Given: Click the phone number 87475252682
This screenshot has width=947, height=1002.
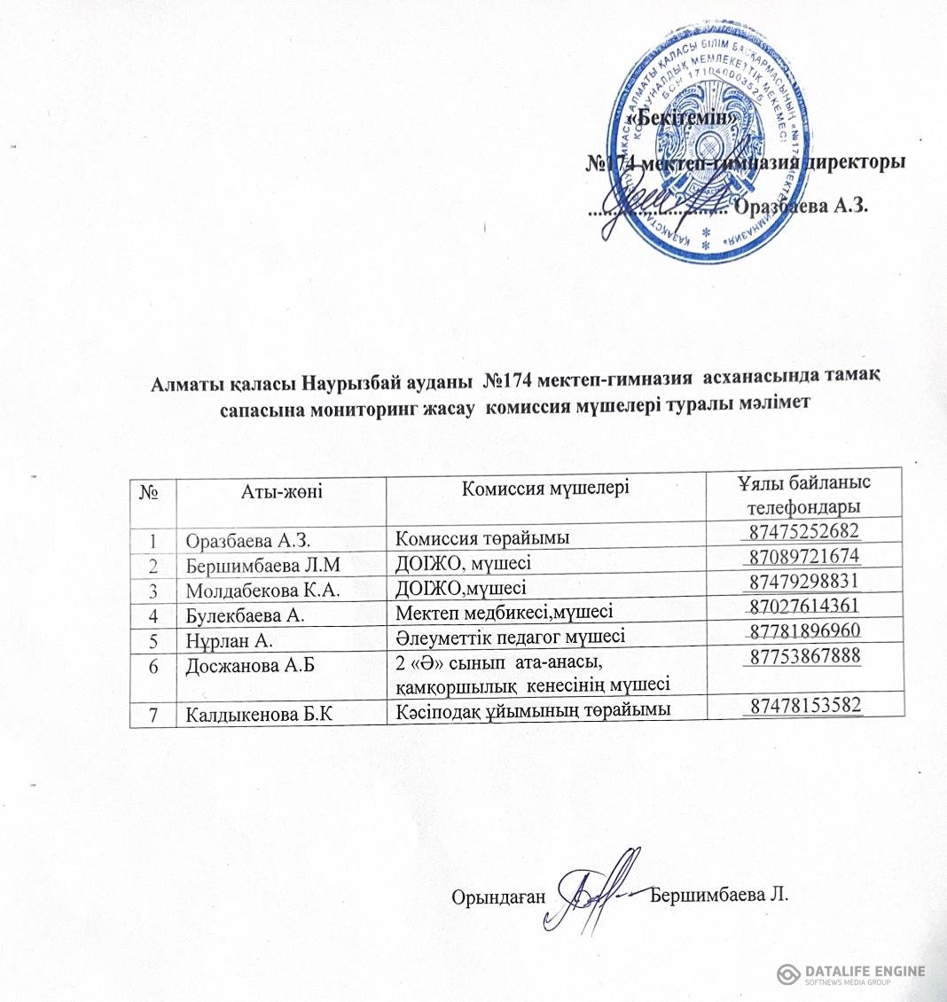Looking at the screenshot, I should pyautogui.click(x=805, y=533).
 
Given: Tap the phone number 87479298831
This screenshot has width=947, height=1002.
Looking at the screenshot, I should pyautogui.click(x=805, y=582).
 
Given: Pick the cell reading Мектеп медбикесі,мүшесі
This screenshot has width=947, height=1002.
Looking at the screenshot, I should pyautogui.click(x=504, y=609).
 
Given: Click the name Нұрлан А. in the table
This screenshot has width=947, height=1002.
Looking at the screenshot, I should pyautogui.click(x=227, y=635).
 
